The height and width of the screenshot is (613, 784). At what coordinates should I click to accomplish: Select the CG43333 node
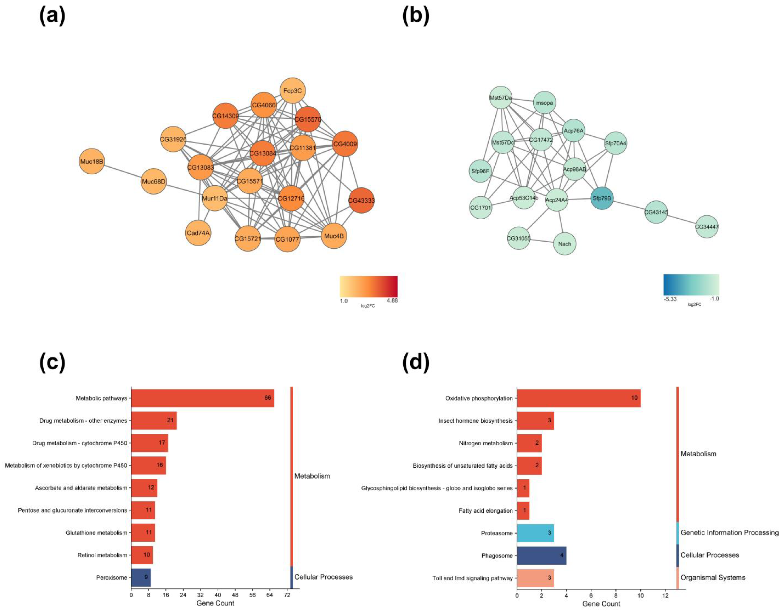click(x=361, y=200)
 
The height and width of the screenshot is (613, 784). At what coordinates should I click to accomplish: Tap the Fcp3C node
click(x=293, y=91)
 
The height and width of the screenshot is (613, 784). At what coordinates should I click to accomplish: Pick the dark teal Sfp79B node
click(x=602, y=198)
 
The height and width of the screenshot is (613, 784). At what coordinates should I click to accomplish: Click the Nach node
click(x=565, y=244)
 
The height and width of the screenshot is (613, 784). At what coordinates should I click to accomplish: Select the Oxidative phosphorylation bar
click(x=578, y=398)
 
